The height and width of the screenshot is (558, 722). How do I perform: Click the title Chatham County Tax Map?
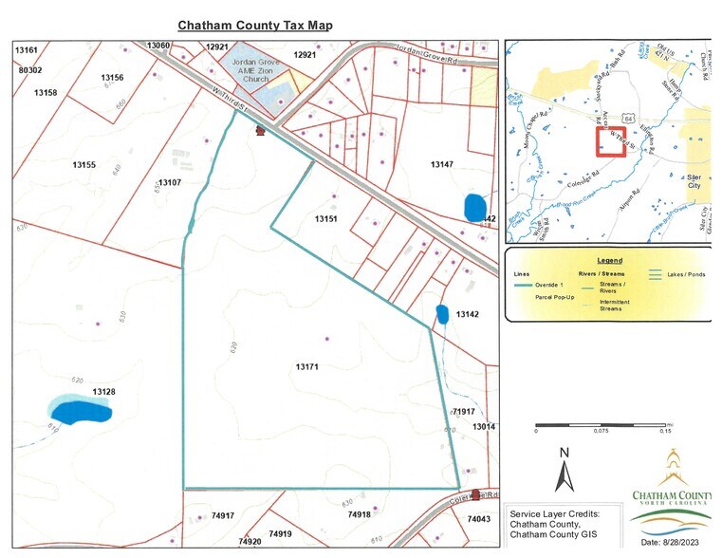click(255, 25)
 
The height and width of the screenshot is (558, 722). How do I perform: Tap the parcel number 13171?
click(306, 366)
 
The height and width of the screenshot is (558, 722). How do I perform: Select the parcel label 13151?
click(326, 219)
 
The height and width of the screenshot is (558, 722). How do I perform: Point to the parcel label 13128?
click(104, 391)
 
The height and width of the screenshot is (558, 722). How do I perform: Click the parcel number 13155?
click(84, 165)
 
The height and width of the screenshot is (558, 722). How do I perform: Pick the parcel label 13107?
click(170, 182)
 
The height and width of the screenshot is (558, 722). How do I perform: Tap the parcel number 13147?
click(442, 165)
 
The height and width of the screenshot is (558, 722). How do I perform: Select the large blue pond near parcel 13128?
click(81, 411)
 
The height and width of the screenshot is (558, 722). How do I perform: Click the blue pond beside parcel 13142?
click(441, 313)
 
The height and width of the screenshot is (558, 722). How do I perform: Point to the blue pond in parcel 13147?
click(474, 206)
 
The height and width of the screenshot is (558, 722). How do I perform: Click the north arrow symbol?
click(564, 469)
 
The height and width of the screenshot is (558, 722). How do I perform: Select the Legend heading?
click(609, 259)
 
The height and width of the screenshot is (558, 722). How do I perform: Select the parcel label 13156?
click(112, 77)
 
